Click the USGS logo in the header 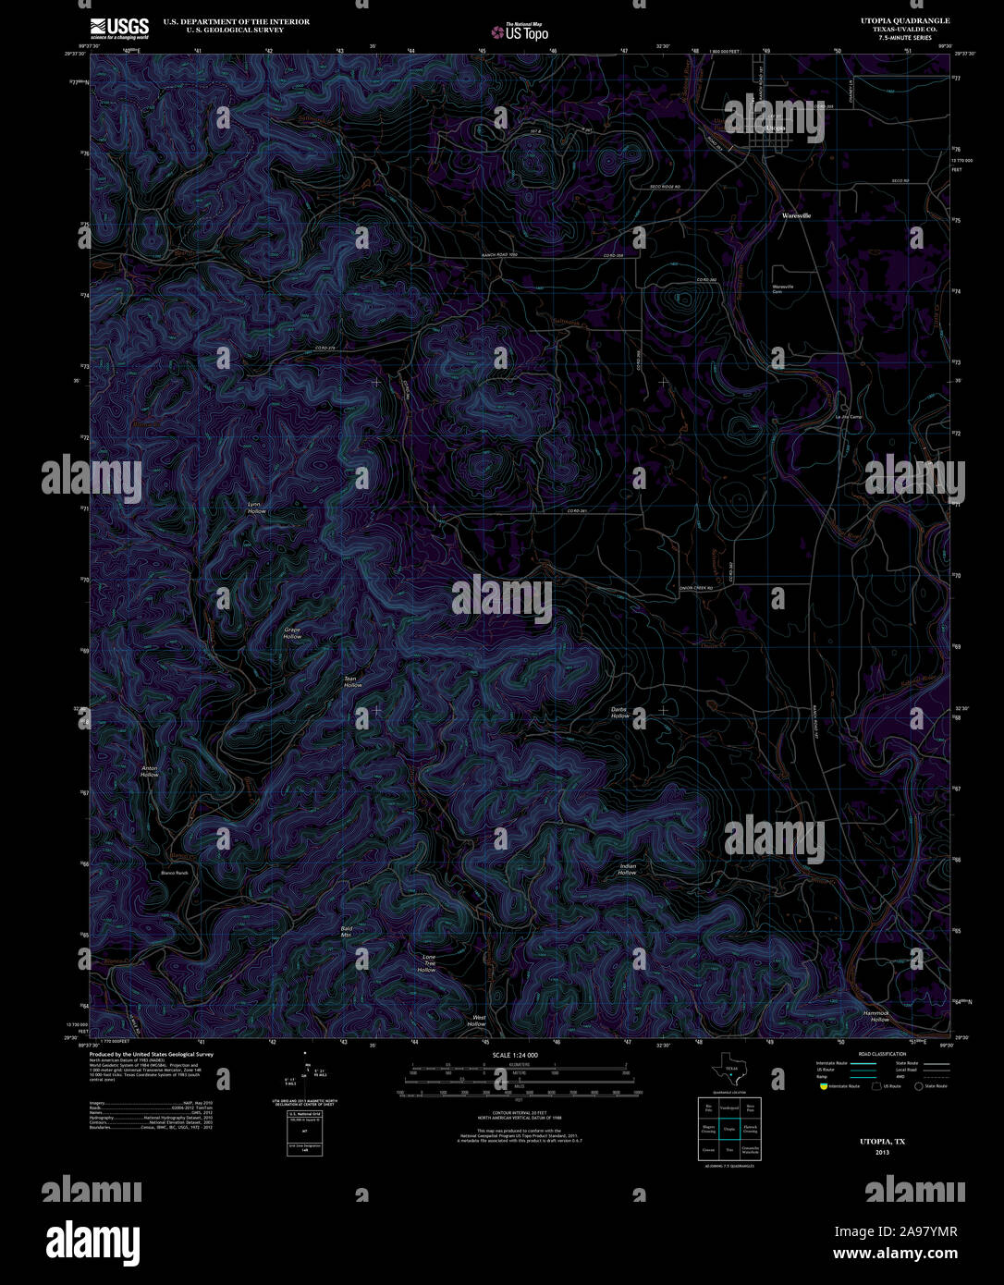[119, 29]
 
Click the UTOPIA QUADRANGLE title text [904, 20]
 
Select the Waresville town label [796, 215]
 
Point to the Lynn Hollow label [255, 508]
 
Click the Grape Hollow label [292, 633]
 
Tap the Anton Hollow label [149, 771]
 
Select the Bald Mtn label [346, 931]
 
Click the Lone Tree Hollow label [427, 963]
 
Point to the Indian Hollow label [627, 869]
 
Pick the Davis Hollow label [619, 713]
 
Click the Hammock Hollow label [876, 1016]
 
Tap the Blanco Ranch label [175, 873]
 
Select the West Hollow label [477, 1021]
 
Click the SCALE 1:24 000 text [515, 1055]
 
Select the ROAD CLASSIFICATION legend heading [882, 1054]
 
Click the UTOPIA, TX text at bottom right [882, 1142]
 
